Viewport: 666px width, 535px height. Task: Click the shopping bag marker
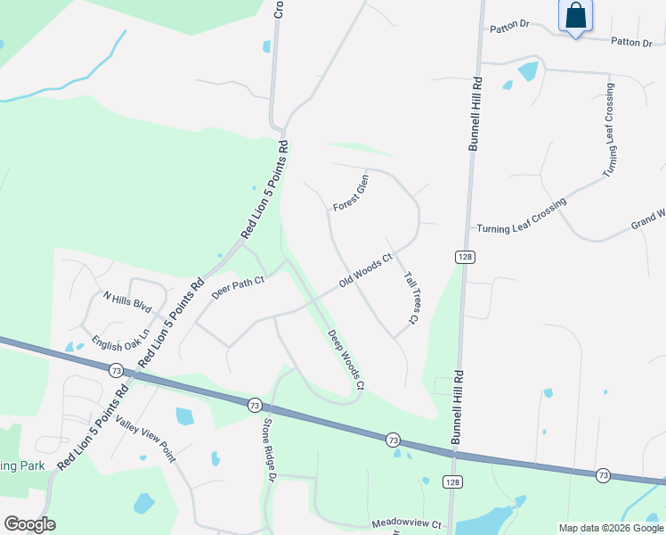point(576,16)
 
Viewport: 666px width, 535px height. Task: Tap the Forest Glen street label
point(351,193)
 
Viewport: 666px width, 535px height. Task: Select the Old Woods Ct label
point(366,271)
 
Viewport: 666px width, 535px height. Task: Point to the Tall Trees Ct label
point(411,298)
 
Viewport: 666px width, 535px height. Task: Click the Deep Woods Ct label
point(346,360)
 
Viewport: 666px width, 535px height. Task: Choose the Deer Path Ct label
point(238,286)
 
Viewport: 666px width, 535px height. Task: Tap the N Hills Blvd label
point(128,301)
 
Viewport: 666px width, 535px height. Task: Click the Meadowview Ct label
point(407,524)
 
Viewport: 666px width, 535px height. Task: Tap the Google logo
point(29,524)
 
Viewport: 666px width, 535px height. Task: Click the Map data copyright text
point(610,528)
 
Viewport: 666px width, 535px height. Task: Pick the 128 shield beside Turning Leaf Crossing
point(468,257)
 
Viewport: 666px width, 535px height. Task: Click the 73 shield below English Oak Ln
point(116,369)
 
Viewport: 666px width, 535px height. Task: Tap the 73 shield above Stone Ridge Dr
point(255,405)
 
